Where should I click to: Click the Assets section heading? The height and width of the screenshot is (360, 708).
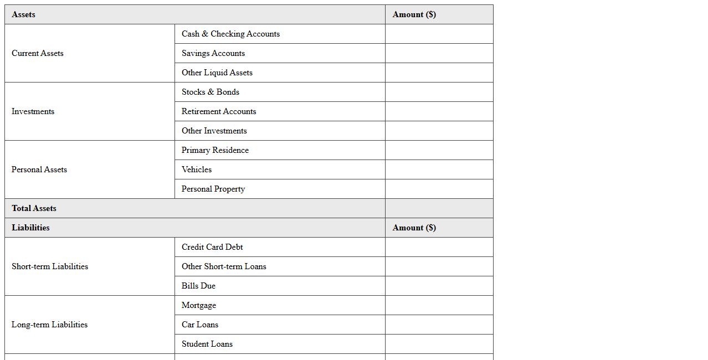pyautogui.click(x=23, y=14)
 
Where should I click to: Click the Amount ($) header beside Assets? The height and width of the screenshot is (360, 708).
pyautogui.click(x=414, y=14)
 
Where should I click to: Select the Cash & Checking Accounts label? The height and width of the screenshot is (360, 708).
pyautogui.click(x=230, y=34)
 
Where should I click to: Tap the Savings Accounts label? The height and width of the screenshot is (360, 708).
pyautogui.click(x=213, y=53)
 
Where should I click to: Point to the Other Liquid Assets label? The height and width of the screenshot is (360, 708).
pyautogui.click(x=217, y=73)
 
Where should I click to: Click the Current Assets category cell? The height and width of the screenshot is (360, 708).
pyautogui.click(x=38, y=53)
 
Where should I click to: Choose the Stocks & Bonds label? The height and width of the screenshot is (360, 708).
pyautogui.click(x=211, y=92)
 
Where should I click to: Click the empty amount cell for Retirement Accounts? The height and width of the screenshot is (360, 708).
pyautogui.click(x=439, y=111)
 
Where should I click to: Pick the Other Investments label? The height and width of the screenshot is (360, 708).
pyautogui.click(x=214, y=131)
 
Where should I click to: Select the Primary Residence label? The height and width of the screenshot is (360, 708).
pyautogui.click(x=215, y=150)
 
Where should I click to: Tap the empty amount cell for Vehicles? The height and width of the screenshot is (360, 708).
pyautogui.click(x=439, y=169)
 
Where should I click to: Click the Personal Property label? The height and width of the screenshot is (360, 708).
pyautogui.click(x=213, y=189)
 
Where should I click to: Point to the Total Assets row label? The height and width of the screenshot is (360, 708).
pyautogui.click(x=34, y=208)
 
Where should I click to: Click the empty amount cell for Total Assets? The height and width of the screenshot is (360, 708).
pyautogui.click(x=439, y=208)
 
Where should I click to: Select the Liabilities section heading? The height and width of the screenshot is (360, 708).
pyautogui.click(x=30, y=228)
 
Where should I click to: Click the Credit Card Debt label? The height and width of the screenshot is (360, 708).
pyautogui.click(x=212, y=247)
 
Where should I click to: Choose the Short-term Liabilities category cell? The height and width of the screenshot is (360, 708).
pyautogui.click(x=50, y=266)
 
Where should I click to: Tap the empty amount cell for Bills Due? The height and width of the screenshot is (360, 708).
pyautogui.click(x=439, y=286)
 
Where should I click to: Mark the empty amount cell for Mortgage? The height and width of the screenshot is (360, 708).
pyautogui.click(x=439, y=305)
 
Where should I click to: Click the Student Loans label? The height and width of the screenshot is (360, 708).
pyautogui.click(x=207, y=344)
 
